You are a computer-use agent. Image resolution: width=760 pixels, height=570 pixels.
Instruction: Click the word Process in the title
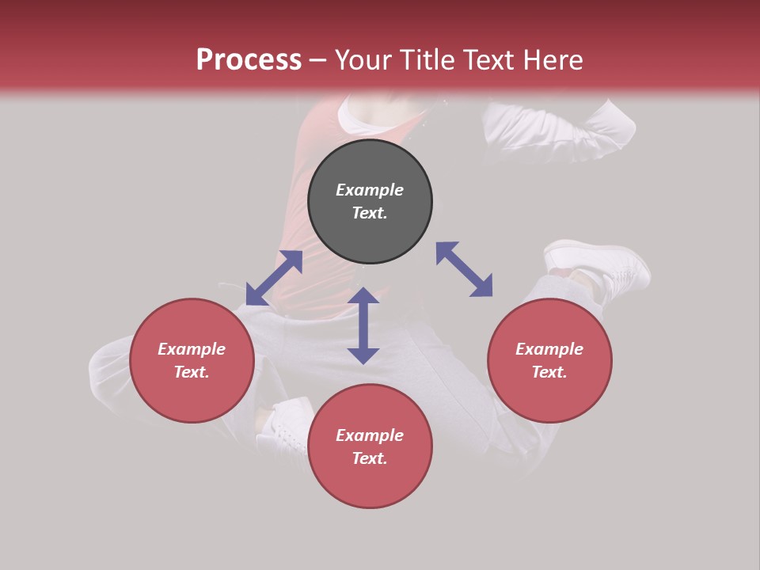[249, 60]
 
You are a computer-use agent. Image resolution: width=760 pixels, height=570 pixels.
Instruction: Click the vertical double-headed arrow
[363, 325]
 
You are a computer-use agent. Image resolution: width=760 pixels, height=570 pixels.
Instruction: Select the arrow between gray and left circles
[274, 278]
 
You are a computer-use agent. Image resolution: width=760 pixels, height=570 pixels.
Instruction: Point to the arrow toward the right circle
[464, 269]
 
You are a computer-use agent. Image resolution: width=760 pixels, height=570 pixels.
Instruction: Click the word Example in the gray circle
[370, 190]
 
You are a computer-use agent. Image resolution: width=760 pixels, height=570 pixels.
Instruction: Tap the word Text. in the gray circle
[370, 213]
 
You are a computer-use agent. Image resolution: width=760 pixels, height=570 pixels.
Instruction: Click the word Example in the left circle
[192, 349]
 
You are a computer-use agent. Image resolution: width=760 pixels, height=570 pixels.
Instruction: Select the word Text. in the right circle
[549, 372]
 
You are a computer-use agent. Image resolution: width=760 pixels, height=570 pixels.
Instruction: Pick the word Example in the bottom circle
[370, 435]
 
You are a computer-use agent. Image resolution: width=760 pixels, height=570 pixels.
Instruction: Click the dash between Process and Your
[318, 61]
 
